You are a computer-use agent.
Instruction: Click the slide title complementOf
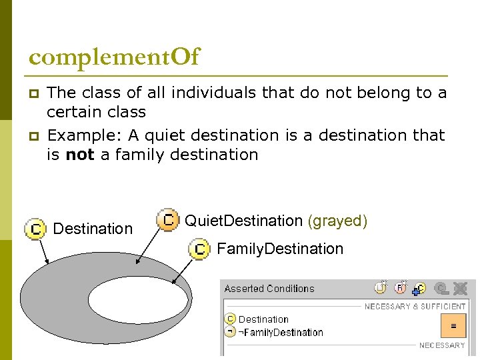click(114, 57)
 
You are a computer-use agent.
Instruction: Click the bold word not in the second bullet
click(80, 155)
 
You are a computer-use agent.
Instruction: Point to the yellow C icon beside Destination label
click(35, 229)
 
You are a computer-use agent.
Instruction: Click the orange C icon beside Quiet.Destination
click(168, 219)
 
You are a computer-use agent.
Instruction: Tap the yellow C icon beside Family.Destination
click(199, 249)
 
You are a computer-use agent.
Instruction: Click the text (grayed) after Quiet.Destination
click(337, 221)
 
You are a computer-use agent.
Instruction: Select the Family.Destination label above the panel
click(280, 249)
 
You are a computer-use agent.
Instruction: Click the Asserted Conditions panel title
click(269, 289)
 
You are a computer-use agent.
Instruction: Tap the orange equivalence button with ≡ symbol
click(453, 325)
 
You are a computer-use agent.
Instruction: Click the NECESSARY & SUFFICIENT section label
click(415, 307)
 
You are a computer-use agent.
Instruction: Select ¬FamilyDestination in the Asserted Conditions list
click(281, 332)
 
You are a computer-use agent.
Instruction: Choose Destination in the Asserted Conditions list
click(263, 319)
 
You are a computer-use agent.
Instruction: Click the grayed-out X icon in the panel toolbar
click(460, 289)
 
